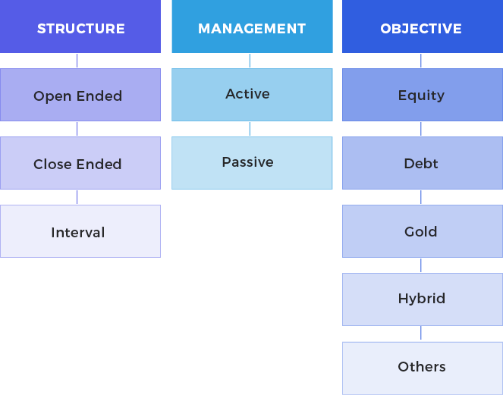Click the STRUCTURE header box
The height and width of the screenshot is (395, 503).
[80, 27]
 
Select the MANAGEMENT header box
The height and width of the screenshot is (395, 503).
[252, 27]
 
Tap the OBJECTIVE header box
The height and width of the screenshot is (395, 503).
[423, 27]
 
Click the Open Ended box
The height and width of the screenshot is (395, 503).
[80, 95]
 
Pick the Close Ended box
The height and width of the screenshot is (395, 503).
[80, 163]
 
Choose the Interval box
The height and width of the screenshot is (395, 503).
[80, 231]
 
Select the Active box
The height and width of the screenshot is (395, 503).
[252, 95]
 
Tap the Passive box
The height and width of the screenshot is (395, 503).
[252, 163]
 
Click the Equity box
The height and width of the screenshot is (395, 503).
[423, 95]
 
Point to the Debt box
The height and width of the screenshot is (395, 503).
[423, 163]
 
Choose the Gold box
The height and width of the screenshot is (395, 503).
[423, 231]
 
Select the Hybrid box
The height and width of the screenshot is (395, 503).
[423, 299]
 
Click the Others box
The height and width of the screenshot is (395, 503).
[423, 368]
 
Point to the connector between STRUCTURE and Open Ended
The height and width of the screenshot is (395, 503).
[77, 61]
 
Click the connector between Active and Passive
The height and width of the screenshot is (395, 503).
[250, 129]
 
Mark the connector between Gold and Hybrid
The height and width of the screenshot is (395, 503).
[421, 265]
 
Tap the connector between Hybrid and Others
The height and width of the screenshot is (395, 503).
[421, 334]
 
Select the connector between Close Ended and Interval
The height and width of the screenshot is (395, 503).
[77, 197]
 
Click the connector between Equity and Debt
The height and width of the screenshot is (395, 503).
[421, 129]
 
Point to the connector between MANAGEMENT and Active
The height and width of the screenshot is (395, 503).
[250, 61]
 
